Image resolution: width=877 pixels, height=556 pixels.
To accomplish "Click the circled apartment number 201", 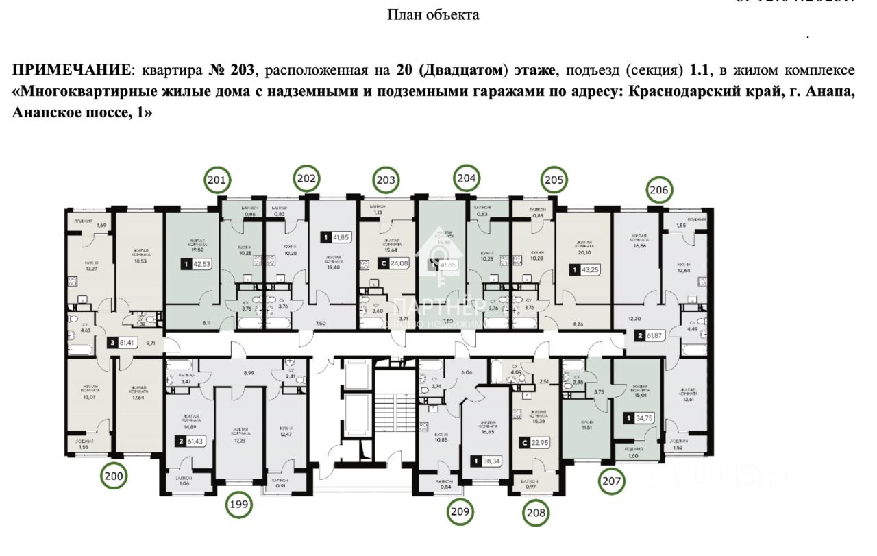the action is click(x=217, y=181).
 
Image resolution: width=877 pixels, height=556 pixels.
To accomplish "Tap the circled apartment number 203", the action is click(x=386, y=181).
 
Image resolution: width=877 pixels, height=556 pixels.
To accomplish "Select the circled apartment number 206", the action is click(x=660, y=190).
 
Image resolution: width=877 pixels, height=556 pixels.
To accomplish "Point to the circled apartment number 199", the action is click(x=239, y=506).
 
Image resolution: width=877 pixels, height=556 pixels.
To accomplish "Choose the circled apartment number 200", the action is click(x=114, y=474).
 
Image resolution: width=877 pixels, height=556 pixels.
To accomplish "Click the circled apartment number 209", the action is click(x=461, y=511).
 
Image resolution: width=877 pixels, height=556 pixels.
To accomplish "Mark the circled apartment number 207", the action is click(x=612, y=481).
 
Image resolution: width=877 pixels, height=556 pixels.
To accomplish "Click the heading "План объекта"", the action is click(x=433, y=14).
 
